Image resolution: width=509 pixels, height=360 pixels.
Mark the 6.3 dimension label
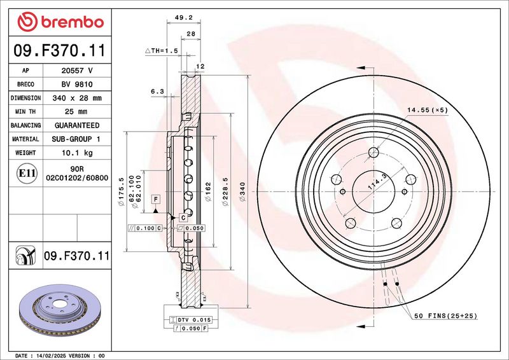pos(157,92)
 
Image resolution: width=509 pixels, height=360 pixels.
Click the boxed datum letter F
pos(155,199)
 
